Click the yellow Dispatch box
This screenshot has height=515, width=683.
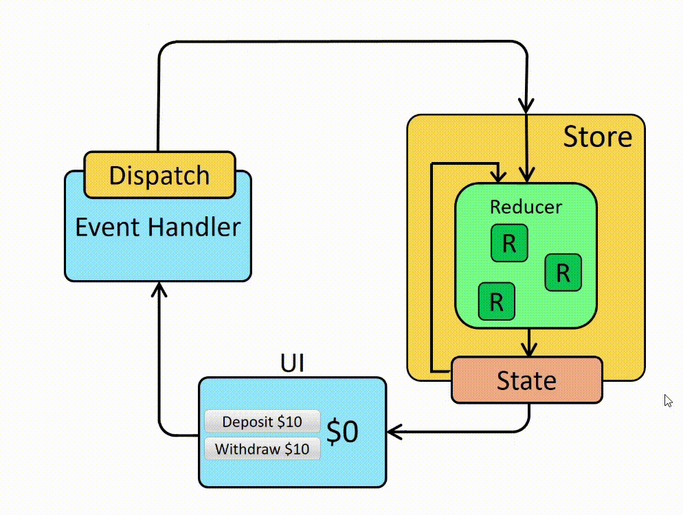(159, 174)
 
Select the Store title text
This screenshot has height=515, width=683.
(597, 137)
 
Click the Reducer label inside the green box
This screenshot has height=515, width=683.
(526, 207)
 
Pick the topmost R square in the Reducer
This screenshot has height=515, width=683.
(509, 243)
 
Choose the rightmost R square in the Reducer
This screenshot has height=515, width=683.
(563, 273)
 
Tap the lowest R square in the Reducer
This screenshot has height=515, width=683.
(496, 301)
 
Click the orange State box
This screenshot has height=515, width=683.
(526, 380)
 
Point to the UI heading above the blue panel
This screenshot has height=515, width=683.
(292, 362)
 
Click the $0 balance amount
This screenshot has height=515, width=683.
(342, 433)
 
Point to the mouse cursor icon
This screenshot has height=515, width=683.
(668, 400)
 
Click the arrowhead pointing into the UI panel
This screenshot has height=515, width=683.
(394, 432)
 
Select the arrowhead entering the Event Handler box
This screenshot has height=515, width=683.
(159, 288)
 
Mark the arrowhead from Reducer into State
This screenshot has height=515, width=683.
(528, 350)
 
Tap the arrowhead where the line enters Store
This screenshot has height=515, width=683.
(526, 106)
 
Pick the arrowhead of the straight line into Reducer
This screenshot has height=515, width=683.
(526, 176)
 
